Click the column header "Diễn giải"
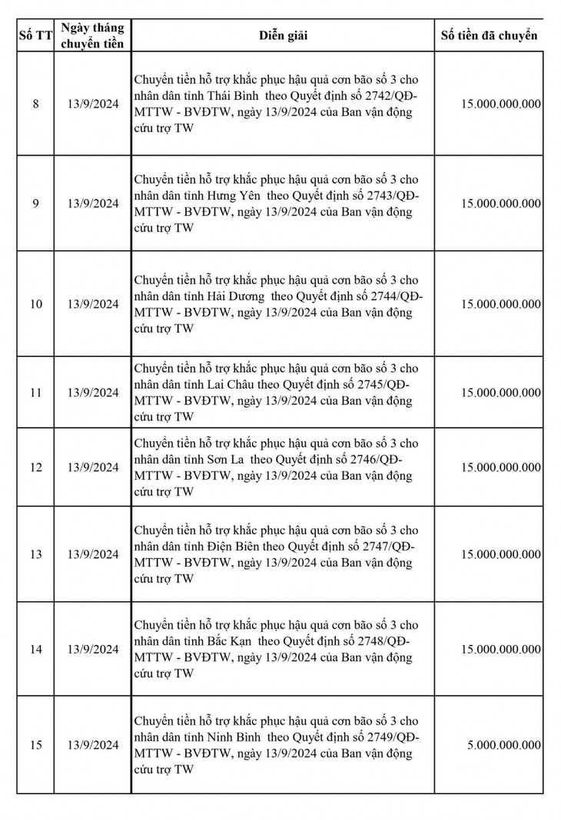click(283, 35)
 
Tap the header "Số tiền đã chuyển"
click(489, 35)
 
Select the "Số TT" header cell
click(35, 35)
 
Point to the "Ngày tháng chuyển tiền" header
click(92, 35)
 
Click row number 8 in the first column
click(35, 104)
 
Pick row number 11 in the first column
click(35, 392)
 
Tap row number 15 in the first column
click(35, 745)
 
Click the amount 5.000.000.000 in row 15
click(503, 745)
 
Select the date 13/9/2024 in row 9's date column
click(92, 203)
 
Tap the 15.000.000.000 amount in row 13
click(501, 554)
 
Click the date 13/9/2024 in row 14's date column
click(92, 650)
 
